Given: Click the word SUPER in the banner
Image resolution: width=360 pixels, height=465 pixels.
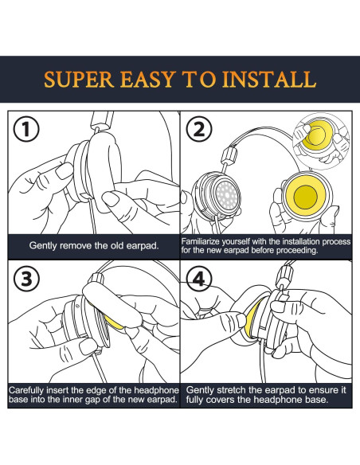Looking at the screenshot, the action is (79, 79).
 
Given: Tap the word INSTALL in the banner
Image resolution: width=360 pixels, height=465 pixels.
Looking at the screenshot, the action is (269, 79).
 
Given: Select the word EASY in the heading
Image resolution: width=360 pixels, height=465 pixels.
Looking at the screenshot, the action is (148, 79).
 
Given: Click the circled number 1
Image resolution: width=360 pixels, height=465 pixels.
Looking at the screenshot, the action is (26, 130).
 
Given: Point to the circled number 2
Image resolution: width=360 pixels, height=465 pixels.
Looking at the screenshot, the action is (198, 129).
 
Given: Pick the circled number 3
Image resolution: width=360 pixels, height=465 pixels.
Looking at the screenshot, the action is (26, 279).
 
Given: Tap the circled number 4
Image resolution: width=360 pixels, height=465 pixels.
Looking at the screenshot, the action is (198, 279).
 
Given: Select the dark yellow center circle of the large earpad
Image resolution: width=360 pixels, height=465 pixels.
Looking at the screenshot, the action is (305, 196).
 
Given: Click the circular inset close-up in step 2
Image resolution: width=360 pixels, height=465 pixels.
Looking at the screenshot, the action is (322, 140).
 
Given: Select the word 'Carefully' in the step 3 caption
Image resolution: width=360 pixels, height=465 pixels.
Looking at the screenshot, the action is (26, 390).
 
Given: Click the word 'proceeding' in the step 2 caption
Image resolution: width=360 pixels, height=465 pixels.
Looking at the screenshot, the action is (296, 251).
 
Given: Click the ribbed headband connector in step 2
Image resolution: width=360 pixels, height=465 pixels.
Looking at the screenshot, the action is (229, 154).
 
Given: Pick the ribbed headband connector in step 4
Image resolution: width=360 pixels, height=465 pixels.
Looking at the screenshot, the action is (284, 275).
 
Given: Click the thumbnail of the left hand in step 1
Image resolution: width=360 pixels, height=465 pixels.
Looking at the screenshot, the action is (64, 171).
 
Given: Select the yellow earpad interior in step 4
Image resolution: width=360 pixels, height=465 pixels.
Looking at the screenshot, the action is (252, 318).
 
